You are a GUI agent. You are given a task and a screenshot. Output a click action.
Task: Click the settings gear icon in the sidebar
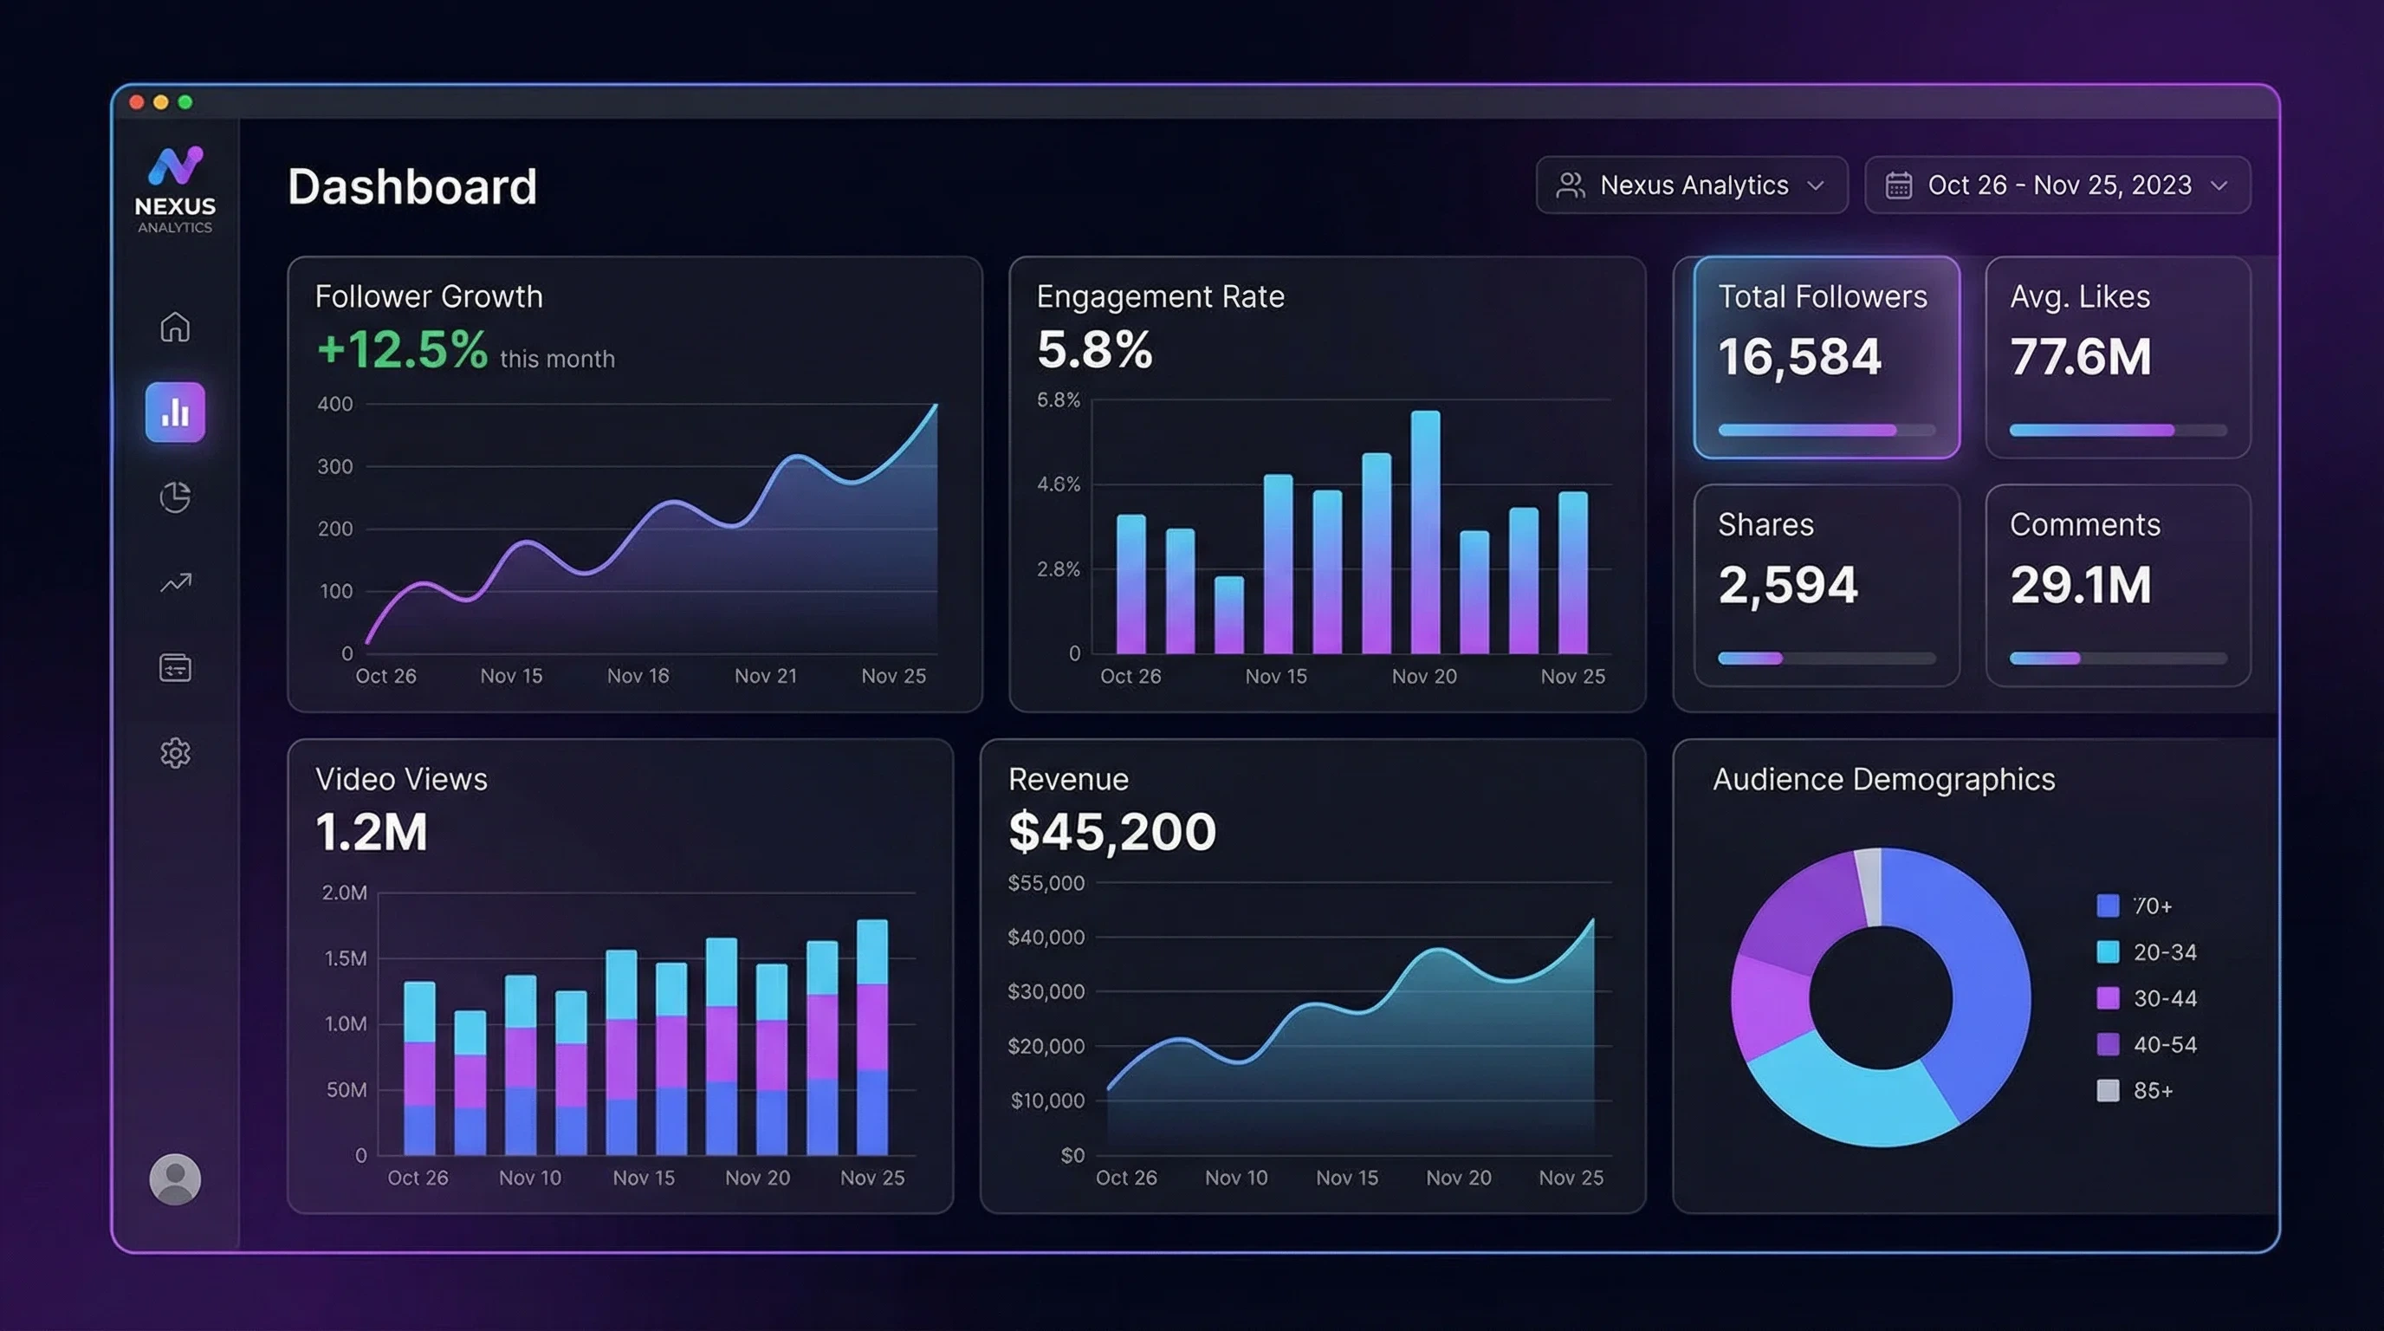[175, 752]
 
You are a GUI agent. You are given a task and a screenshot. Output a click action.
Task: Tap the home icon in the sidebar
[175, 327]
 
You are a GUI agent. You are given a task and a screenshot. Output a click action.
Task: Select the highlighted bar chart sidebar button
[175, 412]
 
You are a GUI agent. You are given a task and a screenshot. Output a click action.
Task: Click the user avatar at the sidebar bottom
[175, 1178]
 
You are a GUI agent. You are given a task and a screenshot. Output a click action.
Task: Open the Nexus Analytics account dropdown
[1692, 185]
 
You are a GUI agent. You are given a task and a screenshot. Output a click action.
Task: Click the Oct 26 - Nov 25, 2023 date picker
[2057, 185]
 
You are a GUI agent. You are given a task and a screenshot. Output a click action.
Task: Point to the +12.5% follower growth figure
[403, 350]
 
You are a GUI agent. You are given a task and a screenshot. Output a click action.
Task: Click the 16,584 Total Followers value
[1799, 356]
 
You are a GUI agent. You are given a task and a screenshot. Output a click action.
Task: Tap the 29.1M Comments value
[2081, 585]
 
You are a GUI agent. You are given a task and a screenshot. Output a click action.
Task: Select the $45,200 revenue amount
[1111, 831]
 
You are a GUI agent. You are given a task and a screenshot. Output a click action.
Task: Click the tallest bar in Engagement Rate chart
[1425, 532]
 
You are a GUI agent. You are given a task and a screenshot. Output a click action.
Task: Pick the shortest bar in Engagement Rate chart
[1229, 614]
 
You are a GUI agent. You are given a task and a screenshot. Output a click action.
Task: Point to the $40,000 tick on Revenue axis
[1046, 937]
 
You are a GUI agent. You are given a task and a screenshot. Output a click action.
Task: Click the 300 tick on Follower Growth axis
[335, 466]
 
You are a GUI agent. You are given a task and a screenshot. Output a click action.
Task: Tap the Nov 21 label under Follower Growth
[766, 676]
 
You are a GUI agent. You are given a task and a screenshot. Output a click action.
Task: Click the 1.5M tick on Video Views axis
[345, 958]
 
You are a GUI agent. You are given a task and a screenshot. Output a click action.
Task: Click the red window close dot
[137, 101]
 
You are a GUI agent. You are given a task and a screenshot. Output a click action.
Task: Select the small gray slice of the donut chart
[1869, 885]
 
